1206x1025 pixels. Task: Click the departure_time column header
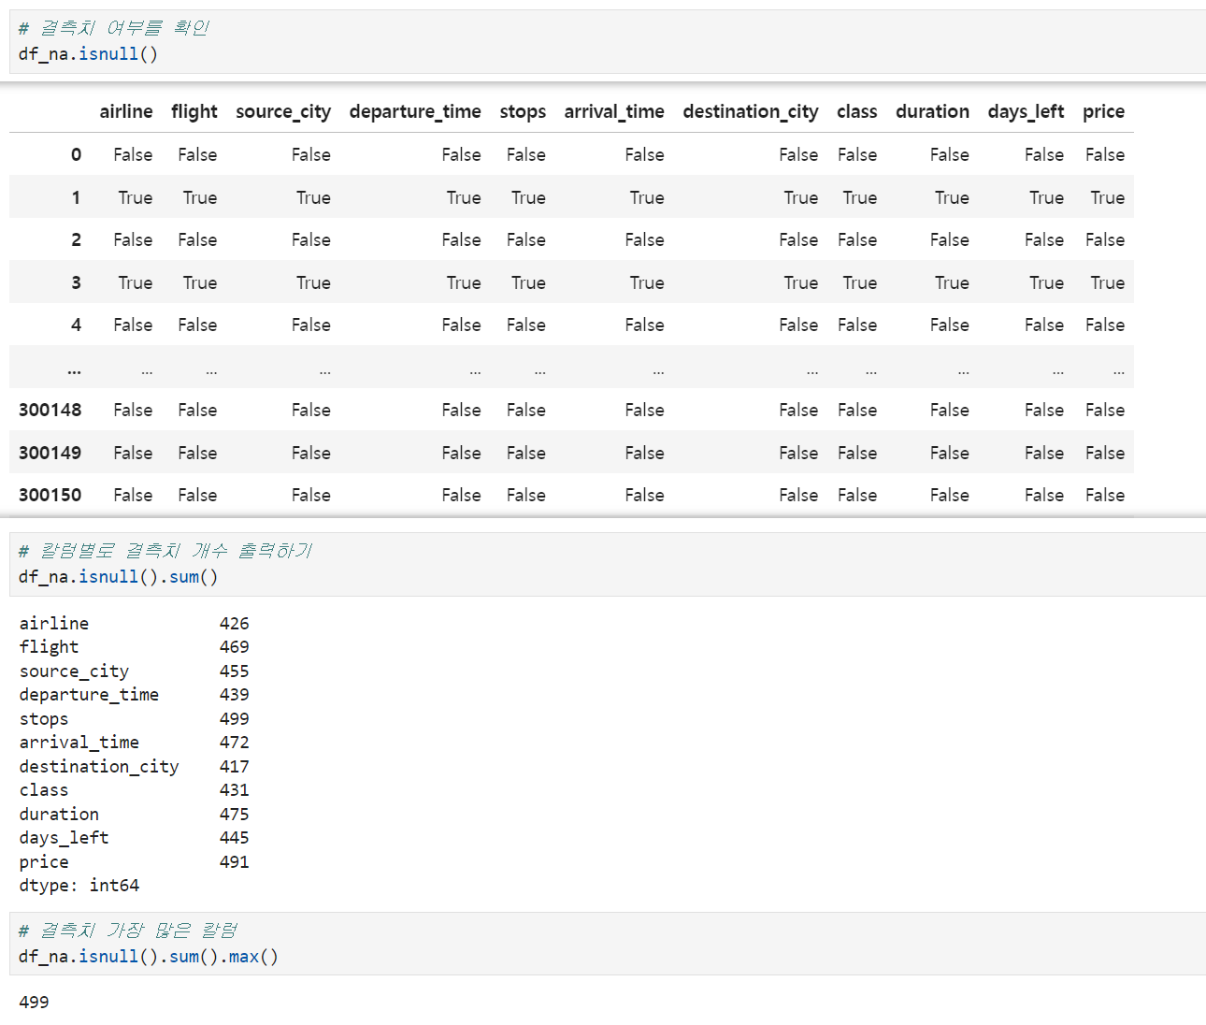point(415,111)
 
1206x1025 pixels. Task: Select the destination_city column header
point(751,111)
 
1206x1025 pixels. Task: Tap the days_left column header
point(1026,111)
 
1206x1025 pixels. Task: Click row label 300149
point(50,453)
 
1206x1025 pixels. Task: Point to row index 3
point(76,283)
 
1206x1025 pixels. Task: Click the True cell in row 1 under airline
point(136,198)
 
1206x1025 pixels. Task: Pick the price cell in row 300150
point(1104,496)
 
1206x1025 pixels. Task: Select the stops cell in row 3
point(528,283)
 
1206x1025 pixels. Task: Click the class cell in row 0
point(857,155)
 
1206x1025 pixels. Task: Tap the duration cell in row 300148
point(949,411)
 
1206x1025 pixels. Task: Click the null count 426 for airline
point(234,624)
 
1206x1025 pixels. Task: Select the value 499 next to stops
point(234,718)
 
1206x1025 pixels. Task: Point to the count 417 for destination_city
point(234,767)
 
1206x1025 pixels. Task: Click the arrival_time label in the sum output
point(79,743)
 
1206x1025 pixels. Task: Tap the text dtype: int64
point(79,886)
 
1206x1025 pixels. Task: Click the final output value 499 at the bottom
point(34,1003)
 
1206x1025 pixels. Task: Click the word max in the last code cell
point(243,957)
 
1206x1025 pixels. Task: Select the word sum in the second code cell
point(184,577)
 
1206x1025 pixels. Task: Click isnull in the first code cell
point(108,54)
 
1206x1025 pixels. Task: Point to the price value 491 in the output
point(234,862)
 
